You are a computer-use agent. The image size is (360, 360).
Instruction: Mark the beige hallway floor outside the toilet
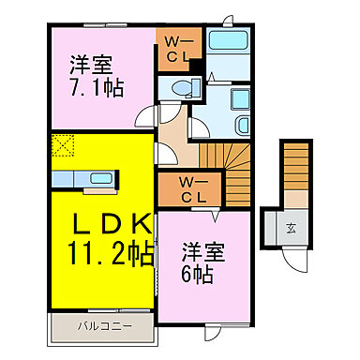point(172,141)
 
